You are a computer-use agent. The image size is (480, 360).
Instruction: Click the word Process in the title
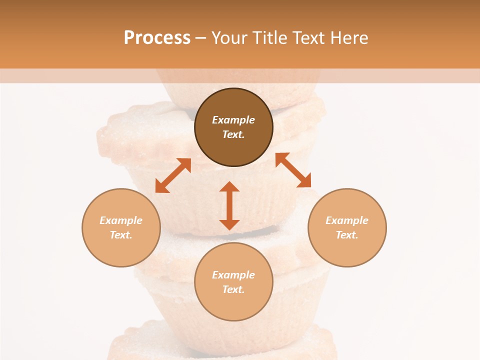pos(157,38)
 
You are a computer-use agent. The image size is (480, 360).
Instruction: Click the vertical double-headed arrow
pos(229,205)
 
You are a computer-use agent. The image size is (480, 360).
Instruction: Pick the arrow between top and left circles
pos(173,175)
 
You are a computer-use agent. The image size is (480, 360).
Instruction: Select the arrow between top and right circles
pos(293,170)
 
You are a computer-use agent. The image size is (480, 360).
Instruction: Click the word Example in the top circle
pos(233,120)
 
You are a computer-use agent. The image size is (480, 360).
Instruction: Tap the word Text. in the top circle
pos(233,134)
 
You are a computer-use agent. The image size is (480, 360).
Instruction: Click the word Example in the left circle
pos(121,220)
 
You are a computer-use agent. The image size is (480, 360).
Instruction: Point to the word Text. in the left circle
pos(121,235)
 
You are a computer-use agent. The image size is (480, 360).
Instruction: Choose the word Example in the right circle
pos(347,220)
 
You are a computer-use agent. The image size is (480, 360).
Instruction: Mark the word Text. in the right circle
pos(347,235)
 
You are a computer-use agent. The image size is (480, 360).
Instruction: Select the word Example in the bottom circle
pos(233,275)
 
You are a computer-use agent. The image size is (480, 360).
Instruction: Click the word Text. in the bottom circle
pos(233,289)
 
